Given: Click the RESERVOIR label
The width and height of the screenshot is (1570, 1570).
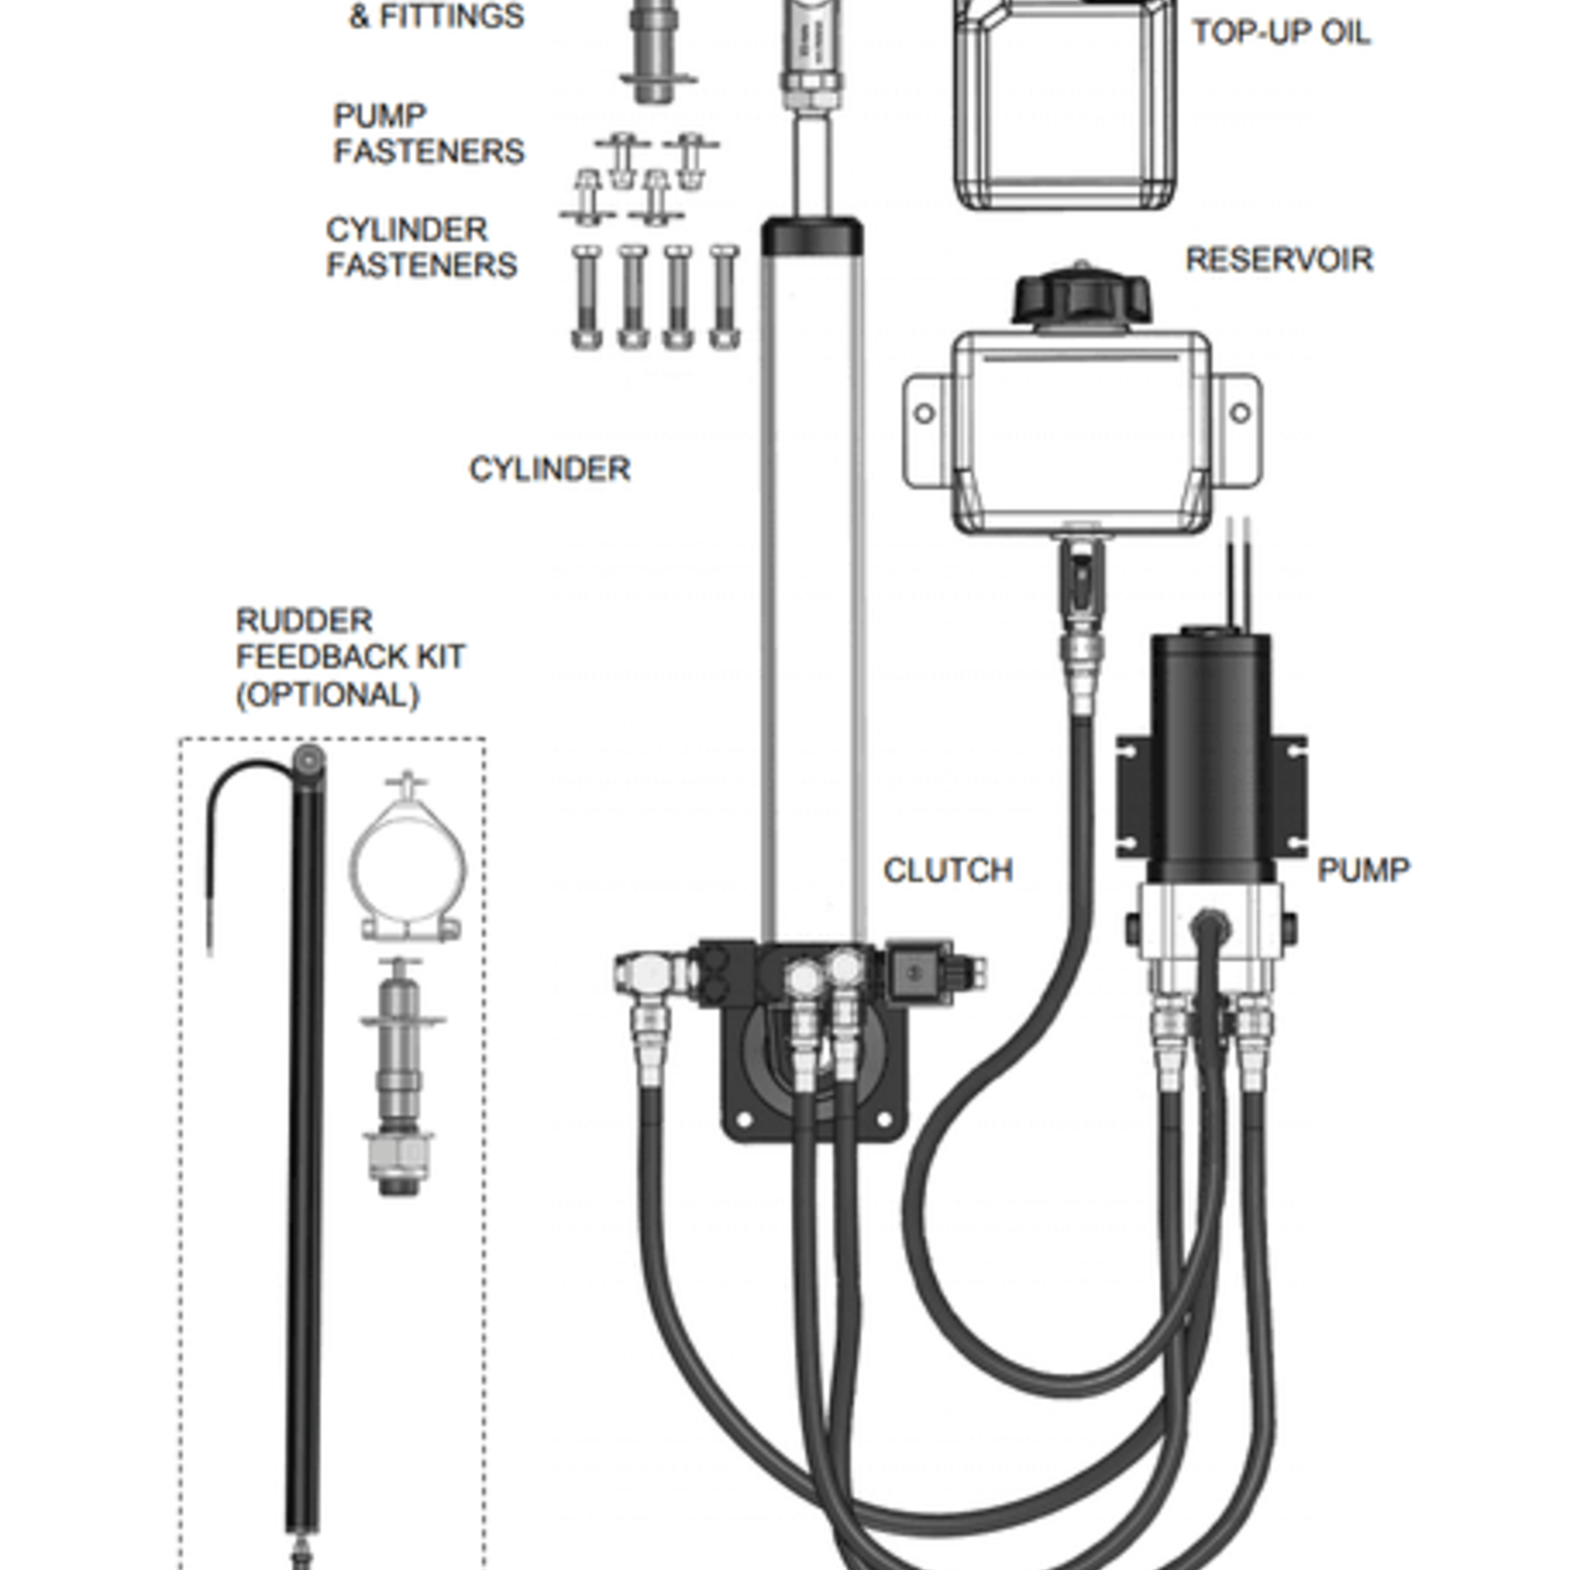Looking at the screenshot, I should (1278, 259).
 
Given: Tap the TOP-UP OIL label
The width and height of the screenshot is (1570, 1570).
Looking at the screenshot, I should (1280, 32).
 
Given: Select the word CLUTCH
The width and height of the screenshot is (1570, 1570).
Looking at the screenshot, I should (948, 870).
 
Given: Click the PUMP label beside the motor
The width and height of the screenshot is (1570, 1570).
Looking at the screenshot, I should (1363, 869).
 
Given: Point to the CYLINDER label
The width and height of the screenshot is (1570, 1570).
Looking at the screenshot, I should (549, 469).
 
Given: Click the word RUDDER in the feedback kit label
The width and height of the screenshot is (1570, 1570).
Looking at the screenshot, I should (303, 621).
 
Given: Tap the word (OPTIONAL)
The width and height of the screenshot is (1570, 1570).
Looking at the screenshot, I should (327, 695).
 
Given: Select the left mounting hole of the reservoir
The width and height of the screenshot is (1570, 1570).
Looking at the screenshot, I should (923, 413).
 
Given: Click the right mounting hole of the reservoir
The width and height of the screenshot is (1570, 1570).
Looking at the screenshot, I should (1239, 412).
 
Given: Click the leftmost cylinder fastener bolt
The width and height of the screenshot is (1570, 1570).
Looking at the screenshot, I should (585, 297).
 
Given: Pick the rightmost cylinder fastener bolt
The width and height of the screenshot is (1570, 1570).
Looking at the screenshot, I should (724, 297).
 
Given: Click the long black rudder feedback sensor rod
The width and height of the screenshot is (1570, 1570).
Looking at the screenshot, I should (305, 1140).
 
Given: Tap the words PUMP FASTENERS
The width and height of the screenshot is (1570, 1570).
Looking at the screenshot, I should (428, 133).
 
